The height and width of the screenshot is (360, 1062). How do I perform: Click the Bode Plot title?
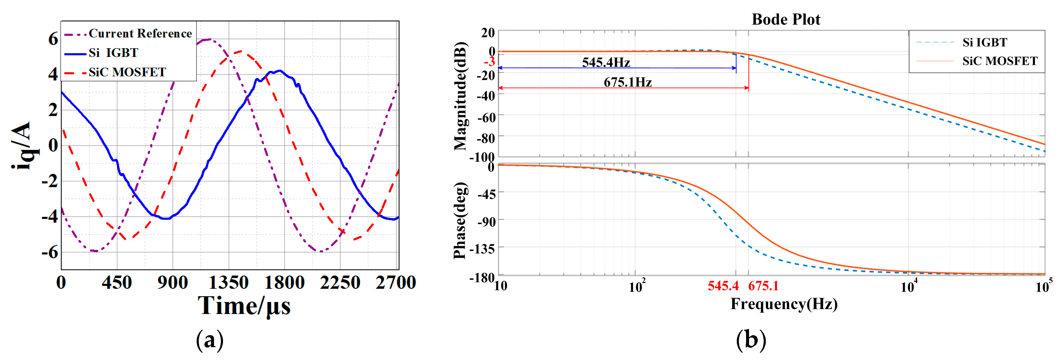pos(786,19)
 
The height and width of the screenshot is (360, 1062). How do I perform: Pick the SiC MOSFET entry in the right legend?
pos(999,61)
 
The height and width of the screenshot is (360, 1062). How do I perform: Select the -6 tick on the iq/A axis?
pos(50,251)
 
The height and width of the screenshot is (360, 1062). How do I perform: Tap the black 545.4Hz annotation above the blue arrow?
pos(606,63)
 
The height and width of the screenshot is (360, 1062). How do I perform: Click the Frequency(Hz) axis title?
pos(784,304)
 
